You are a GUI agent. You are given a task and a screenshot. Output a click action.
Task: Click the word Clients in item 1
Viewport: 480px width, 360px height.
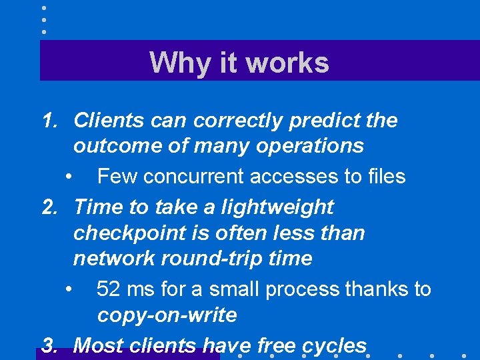coord(109,121)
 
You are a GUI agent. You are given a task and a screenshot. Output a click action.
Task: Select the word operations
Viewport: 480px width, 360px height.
coord(313,145)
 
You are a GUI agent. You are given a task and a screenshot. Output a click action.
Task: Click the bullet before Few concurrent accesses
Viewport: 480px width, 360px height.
coord(69,177)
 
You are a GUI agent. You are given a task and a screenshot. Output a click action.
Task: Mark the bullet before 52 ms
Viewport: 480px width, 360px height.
coord(69,290)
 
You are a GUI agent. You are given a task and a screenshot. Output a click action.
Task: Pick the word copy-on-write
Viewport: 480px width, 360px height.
coord(167,315)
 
